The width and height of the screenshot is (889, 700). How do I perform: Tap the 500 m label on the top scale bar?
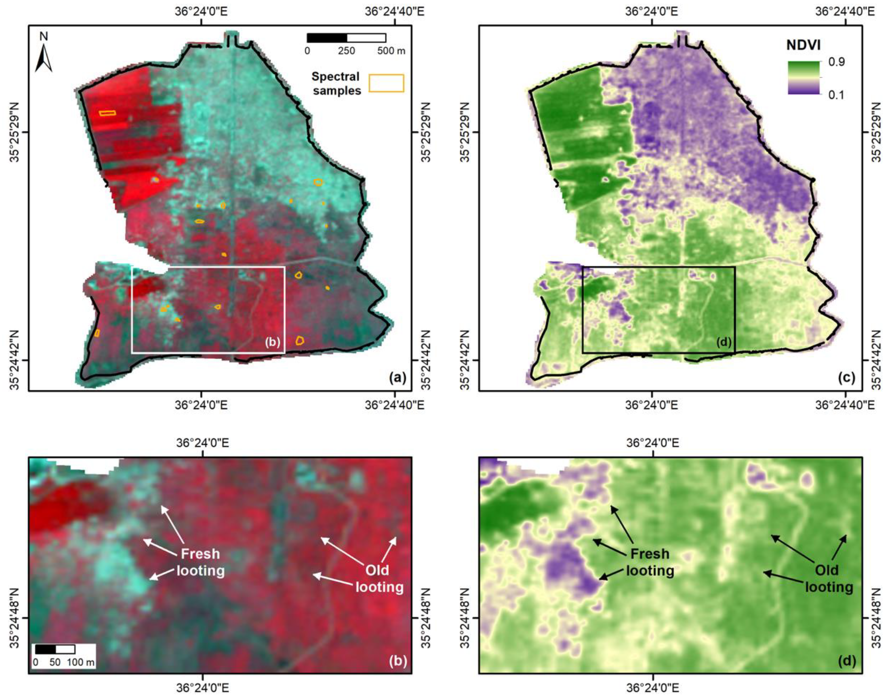click(391, 51)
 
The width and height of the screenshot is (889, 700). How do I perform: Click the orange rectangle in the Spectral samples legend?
click(386, 83)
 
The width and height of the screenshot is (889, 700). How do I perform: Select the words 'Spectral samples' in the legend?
click(336, 84)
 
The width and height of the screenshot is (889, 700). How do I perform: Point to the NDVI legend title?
click(803, 45)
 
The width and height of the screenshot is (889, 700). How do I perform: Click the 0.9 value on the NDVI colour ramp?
click(836, 62)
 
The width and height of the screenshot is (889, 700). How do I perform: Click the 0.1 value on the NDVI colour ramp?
click(836, 95)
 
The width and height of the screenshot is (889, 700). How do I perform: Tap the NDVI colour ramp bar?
click(804, 77)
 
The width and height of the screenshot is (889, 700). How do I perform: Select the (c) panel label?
click(847, 378)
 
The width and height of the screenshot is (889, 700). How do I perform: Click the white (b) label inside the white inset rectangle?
click(273, 342)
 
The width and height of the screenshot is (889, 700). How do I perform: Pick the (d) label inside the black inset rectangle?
click(724, 342)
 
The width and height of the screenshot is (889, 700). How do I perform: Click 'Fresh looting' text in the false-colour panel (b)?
click(201, 562)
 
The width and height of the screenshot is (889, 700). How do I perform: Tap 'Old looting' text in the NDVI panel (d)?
click(829, 578)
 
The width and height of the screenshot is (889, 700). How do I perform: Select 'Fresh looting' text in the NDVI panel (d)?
click(650, 562)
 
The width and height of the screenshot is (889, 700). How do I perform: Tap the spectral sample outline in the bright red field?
click(107, 112)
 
